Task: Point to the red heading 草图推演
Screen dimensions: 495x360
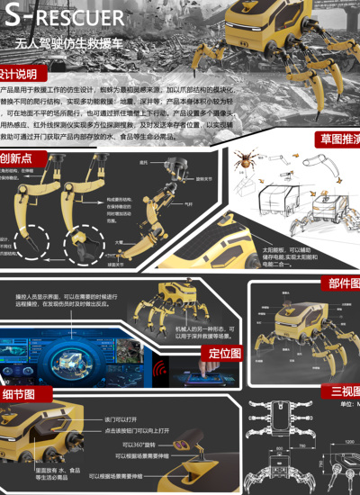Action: pyautogui.click(x=338, y=139)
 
